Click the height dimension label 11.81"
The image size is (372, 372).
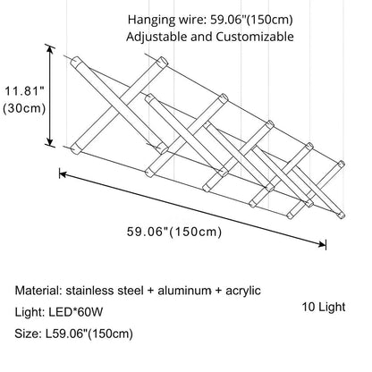pos(21,90)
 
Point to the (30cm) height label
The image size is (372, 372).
pos(23,108)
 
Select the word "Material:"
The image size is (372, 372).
pos(41,292)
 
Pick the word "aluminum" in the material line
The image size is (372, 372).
pos(177,292)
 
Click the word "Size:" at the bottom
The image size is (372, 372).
pos(30,334)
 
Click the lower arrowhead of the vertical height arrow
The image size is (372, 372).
pos(51,145)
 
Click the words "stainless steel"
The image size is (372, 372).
pos(103,292)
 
